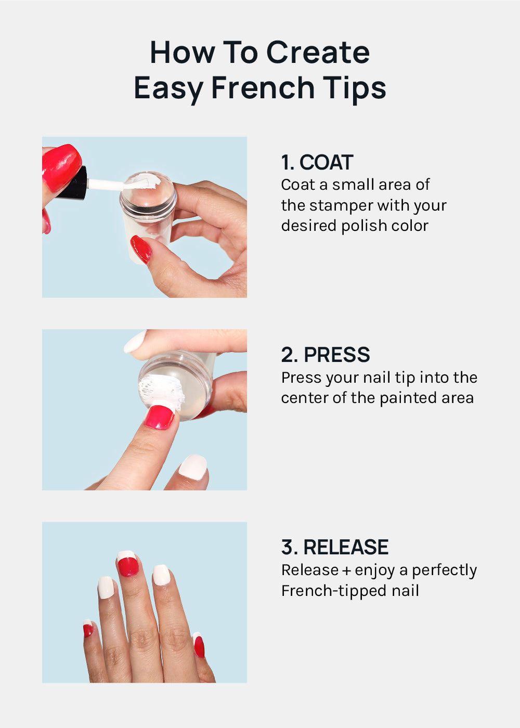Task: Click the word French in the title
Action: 263,87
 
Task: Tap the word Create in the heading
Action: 318,53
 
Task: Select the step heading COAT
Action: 326,162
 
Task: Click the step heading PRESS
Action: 337,355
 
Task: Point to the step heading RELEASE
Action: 346,547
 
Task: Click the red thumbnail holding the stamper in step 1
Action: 141,249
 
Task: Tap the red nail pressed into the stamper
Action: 160,417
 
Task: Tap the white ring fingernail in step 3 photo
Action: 162,575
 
